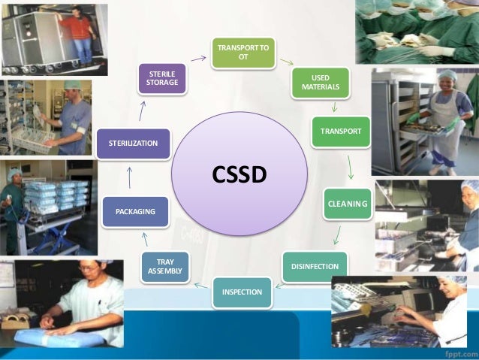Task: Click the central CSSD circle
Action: pyautogui.click(x=239, y=174)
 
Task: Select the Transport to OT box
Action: pyautogui.click(x=243, y=53)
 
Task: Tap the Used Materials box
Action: pyautogui.click(x=321, y=82)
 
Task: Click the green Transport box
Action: pyautogui.click(x=341, y=132)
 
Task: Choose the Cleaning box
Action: pyautogui.click(x=348, y=204)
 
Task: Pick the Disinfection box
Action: pyautogui.click(x=315, y=266)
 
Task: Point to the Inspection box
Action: pyautogui.click(x=242, y=292)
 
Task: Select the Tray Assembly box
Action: pyautogui.click(x=165, y=266)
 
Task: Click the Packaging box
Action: pyautogui.click(x=135, y=212)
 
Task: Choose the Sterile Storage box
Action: pyautogui.click(x=162, y=77)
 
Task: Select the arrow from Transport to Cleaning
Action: pyautogui.click(x=350, y=166)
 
